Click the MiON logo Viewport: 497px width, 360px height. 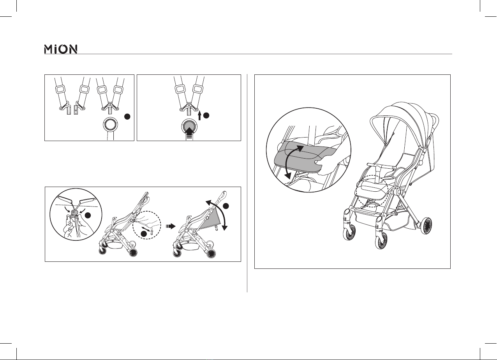click(x=61, y=49)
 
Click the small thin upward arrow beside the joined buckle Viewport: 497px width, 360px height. click(x=199, y=116)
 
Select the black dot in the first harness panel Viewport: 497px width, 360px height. click(x=127, y=116)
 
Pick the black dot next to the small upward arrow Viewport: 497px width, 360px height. click(x=206, y=115)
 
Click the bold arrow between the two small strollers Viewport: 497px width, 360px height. click(x=170, y=226)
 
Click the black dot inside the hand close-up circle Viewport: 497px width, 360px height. click(x=88, y=215)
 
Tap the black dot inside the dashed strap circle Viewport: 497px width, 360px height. click(x=144, y=233)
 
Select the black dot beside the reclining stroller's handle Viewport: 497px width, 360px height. click(x=226, y=206)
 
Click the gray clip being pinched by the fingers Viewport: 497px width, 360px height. click(x=74, y=214)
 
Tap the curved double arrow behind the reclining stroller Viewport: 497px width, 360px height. click(x=220, y=210)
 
